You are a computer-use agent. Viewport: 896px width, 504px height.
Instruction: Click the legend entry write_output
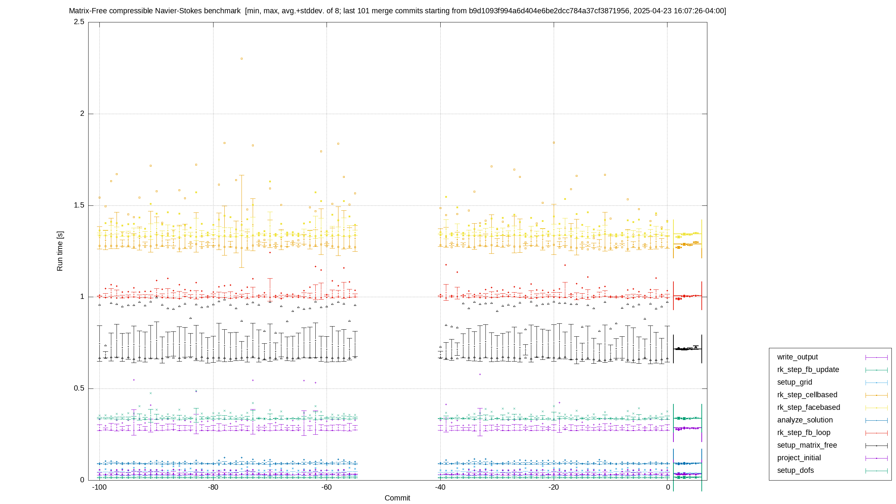pos(797,357)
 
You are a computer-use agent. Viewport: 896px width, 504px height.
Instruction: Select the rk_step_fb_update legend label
pos(808,370)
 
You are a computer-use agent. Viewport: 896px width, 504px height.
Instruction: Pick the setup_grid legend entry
pos(794,382)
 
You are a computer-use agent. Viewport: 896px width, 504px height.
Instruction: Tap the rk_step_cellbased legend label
pos(807,395)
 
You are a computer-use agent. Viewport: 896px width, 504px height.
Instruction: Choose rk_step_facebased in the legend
pos(808,407)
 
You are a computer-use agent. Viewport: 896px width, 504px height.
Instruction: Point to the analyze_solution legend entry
pos(805,420)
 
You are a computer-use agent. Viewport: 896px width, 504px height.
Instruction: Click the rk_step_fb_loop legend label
pos(804,433)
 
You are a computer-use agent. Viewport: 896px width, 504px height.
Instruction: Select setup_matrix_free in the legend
pos(807,445)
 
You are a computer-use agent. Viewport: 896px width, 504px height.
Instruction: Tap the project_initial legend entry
pos(799,458)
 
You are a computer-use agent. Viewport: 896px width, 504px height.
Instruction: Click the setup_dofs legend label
pos(796,470)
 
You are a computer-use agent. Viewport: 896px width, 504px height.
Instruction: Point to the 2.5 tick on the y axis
pos(79,22)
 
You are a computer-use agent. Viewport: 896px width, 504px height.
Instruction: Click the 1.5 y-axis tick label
pos(79,205)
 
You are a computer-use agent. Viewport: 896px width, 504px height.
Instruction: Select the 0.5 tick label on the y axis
pos(79,388)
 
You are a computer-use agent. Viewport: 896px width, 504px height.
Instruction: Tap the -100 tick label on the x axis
pos(99,487)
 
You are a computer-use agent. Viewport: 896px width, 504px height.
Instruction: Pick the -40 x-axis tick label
pos(440,487)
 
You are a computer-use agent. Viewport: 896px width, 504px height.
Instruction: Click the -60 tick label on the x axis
pos(326,487)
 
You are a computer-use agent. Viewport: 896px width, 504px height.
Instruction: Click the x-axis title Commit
pos(397,498)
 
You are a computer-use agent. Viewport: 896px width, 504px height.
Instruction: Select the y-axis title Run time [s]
pos(60,251)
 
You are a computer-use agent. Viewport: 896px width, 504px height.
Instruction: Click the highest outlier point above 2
pos(241,59)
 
